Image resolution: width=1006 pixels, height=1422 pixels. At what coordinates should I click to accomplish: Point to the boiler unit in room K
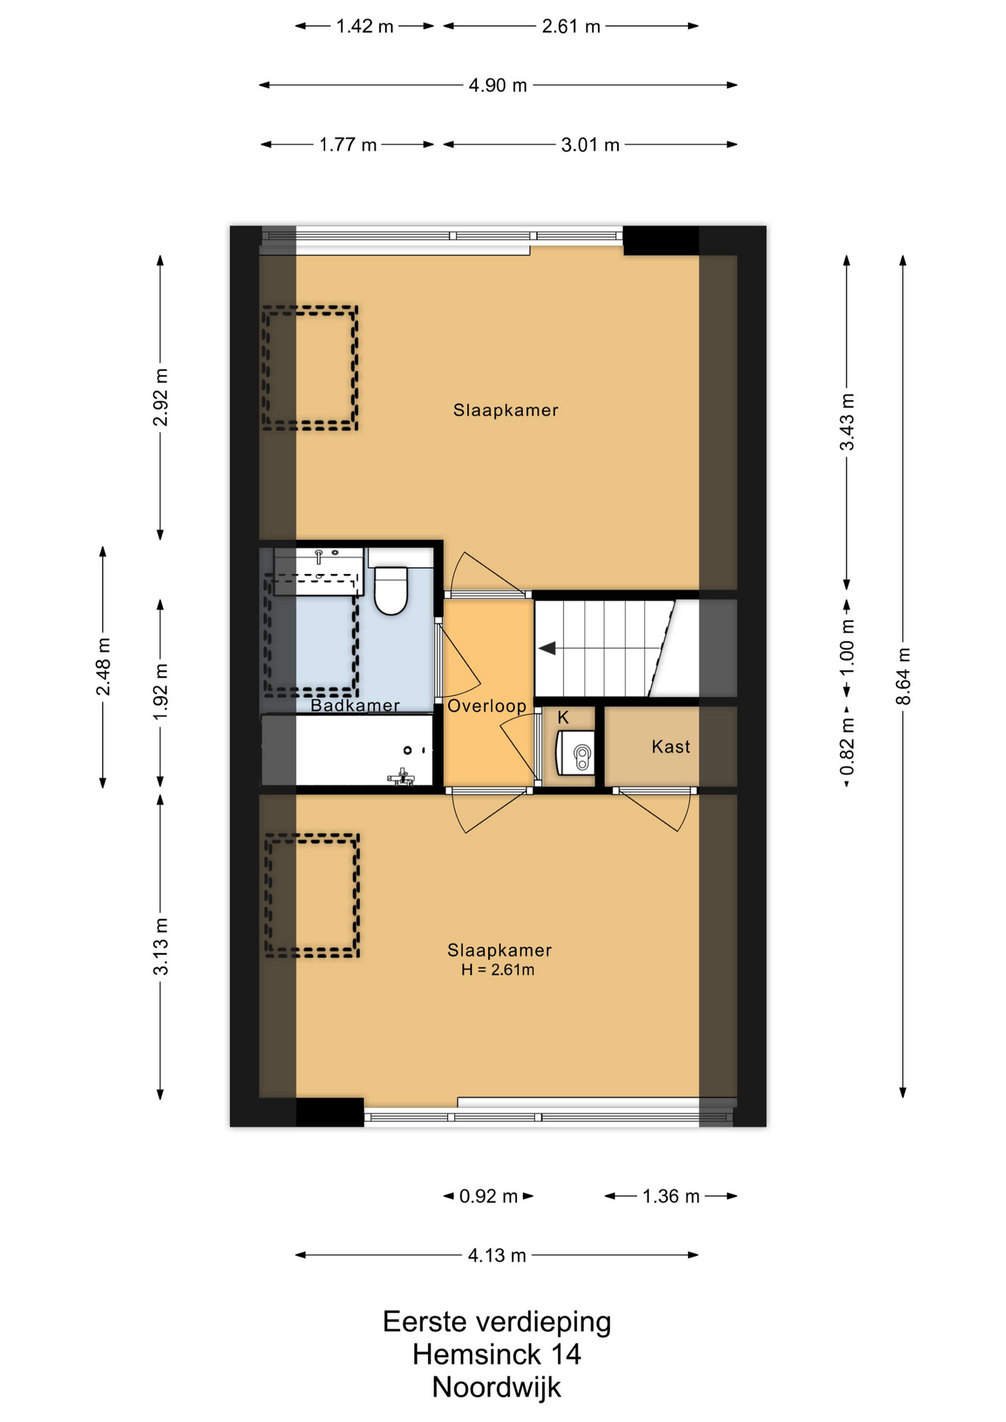pos(575,752)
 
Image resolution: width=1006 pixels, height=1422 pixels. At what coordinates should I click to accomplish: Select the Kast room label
pos(670,747)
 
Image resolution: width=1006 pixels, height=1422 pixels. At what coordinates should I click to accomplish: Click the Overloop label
pos(487,706)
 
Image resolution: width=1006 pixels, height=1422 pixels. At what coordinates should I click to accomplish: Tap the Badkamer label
pos(355,705)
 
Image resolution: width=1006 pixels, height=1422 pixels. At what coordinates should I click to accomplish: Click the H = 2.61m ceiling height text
pos(498,969)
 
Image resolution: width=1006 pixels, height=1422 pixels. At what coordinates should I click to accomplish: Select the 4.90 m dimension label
pos(498,85)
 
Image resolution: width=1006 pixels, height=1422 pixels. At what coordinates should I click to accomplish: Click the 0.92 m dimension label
pos(488,1196)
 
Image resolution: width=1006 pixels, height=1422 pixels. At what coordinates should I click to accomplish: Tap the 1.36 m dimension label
pos(670,1196)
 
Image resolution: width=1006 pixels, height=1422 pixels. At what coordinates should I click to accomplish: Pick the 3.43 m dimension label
pos(847,421)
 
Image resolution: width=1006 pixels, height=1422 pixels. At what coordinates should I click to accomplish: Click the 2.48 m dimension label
pos(103,667)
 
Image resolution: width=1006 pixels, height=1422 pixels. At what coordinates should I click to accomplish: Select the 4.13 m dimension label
pos(497,1255)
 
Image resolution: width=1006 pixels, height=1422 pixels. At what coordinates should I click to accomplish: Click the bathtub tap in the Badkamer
pos(401,777)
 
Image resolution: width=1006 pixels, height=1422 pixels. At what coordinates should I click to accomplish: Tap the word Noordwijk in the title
pos(496,1387)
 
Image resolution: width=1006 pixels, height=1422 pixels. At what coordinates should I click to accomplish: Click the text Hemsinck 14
pos(496,1355)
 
